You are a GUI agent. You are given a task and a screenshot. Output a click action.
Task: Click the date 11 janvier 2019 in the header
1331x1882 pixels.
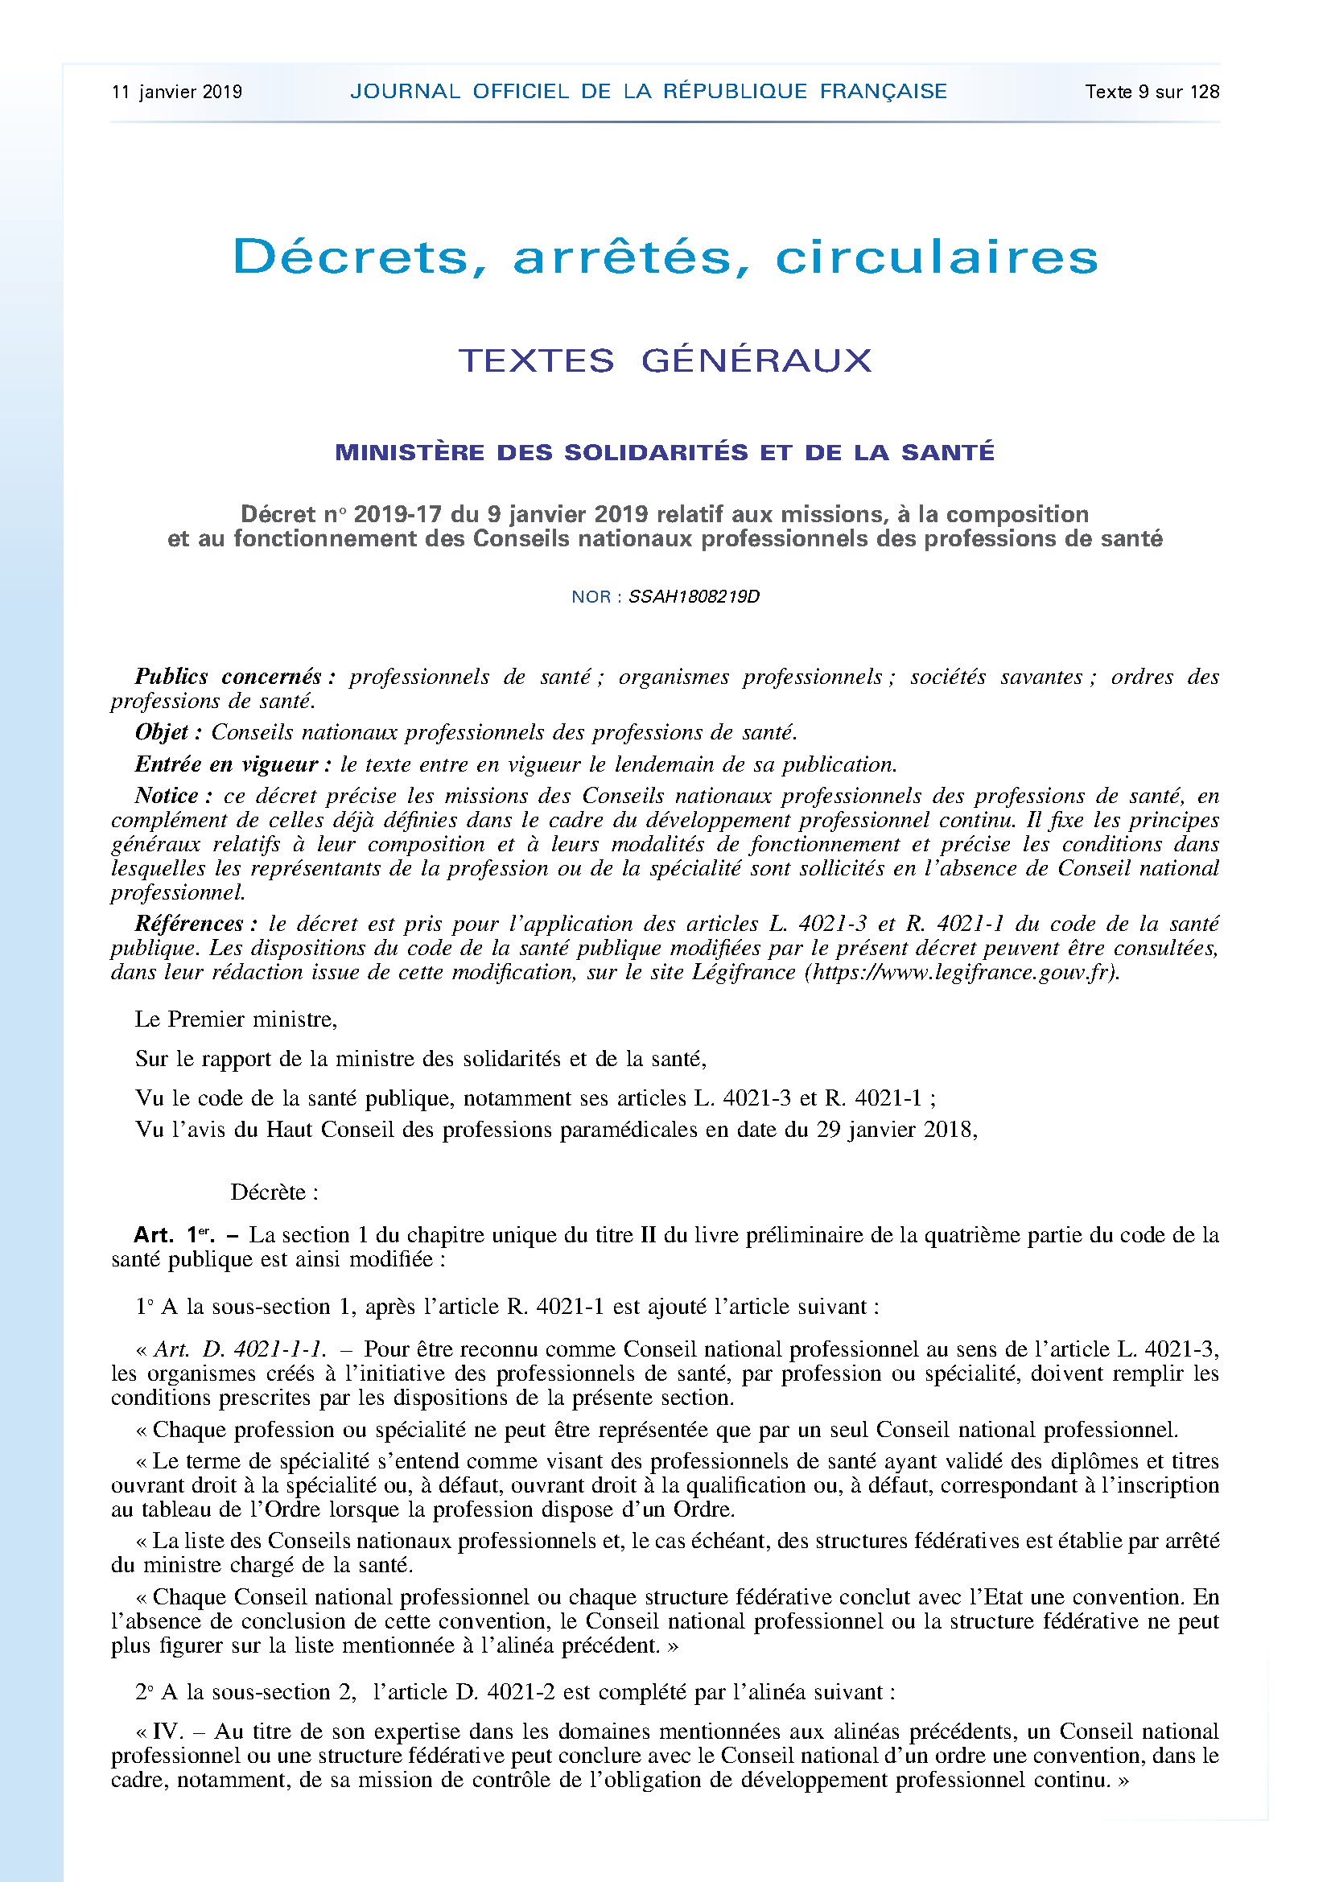coord(177,92)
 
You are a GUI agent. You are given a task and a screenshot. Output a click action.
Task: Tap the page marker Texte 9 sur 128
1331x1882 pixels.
coord(1152,92)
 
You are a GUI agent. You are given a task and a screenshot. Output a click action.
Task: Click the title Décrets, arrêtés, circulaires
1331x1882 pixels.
coord(665,257)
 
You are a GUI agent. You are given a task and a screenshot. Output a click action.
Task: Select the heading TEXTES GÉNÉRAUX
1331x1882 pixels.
coord(665,360)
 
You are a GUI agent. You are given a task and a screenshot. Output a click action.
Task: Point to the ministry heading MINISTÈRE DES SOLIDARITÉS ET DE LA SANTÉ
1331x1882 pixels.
coord(665,451)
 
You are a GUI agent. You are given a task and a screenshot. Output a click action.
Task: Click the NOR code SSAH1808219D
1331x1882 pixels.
coord(694,597)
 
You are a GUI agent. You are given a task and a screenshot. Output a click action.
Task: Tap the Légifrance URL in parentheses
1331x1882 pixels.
coord(964,972)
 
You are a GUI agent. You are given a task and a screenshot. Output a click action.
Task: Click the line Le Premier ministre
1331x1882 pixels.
coord(236,1019)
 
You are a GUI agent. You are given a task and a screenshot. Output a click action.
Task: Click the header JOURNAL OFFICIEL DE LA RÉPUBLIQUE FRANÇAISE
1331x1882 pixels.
coord(649,91)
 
